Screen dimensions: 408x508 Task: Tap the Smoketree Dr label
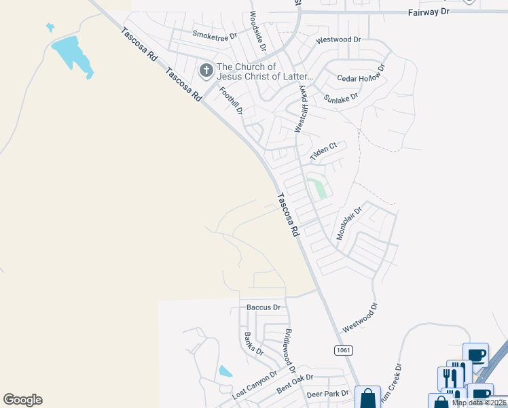click(214, 34)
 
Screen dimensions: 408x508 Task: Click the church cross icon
click(206, 71)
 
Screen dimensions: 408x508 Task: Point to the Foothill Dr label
click(231, 100)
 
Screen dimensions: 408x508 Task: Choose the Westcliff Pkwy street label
click(300, 109)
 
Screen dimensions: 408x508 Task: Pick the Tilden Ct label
click(323, 152)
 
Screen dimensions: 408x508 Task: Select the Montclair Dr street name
click(350, 224)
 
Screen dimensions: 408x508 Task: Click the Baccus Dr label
click(264, 307)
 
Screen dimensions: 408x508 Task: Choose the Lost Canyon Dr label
click(255, 385)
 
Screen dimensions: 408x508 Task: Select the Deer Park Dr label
click(327, 394)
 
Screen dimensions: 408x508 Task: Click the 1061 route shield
click(344, 350)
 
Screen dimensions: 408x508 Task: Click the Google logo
click(23, 400)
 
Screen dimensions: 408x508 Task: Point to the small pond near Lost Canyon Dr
click(225, 371)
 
